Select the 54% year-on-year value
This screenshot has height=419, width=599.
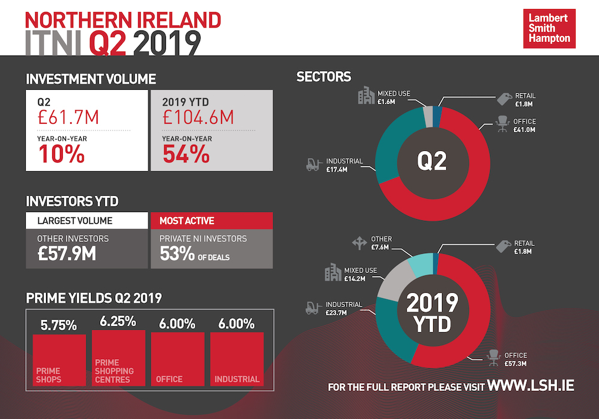(186, 154)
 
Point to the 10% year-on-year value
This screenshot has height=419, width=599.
(62, 154)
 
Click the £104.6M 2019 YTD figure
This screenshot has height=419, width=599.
(198, 117)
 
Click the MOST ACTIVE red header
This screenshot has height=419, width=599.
(213, 221)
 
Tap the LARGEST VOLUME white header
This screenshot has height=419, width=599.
(86, 221)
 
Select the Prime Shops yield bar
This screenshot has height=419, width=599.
(59, 360)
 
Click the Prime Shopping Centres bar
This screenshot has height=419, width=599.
(119, 357)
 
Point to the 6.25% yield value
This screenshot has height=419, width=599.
(118, 321)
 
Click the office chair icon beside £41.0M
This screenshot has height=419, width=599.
(501, 126)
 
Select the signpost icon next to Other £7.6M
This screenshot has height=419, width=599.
(359, 242)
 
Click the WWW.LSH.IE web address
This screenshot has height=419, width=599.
(531, 385)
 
